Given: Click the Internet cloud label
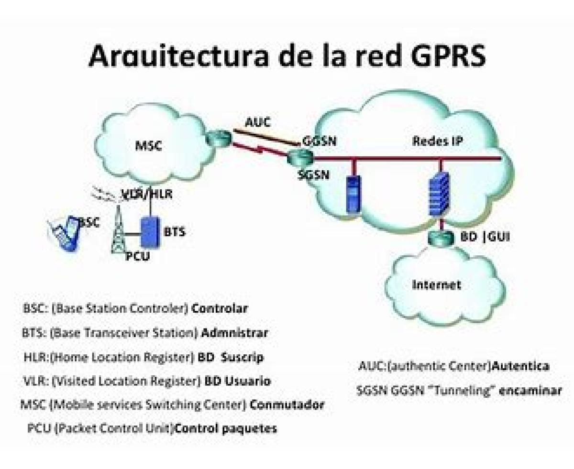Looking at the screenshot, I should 436,285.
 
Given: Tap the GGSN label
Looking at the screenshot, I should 319,142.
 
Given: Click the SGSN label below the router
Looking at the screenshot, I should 313,175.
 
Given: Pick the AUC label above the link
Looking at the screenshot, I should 257,122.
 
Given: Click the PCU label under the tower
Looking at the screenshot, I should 138,257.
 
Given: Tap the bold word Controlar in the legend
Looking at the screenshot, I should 220,308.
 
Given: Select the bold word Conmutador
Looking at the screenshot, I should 287,405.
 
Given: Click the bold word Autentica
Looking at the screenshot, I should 520,367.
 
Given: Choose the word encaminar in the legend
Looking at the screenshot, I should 530,391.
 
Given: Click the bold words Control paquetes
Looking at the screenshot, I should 226,428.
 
